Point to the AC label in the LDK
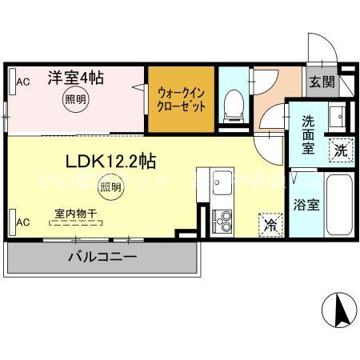23,222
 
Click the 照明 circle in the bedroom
73,99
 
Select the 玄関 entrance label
324,81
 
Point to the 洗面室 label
310,135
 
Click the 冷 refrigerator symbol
271,226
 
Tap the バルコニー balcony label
102,257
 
